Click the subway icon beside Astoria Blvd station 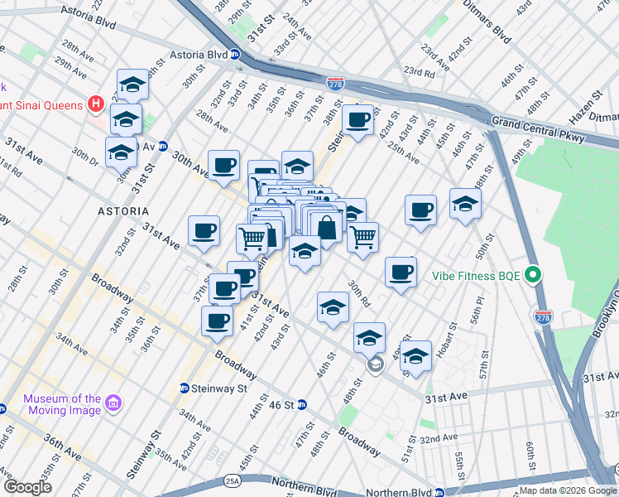pyautogui.click(x=235, y=55)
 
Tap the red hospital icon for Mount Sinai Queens pyautogui.click(x=96, y=105)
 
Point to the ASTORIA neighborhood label pyautogui.click(x=123, y=211)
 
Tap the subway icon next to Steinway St pyautogui.click(x=185, y=388)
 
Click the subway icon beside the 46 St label pyautogui.click(x=302, y=404)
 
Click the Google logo pyautogui.click(x=27, y=488)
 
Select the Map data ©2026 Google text pyautogui.click(x=568, y=490)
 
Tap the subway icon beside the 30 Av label pyautogui.click(x=164, y=146)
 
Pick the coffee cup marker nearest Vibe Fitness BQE pyautogui.click(x=401, y=272)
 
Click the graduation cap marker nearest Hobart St pyautogui.click(x=416, y=355)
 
